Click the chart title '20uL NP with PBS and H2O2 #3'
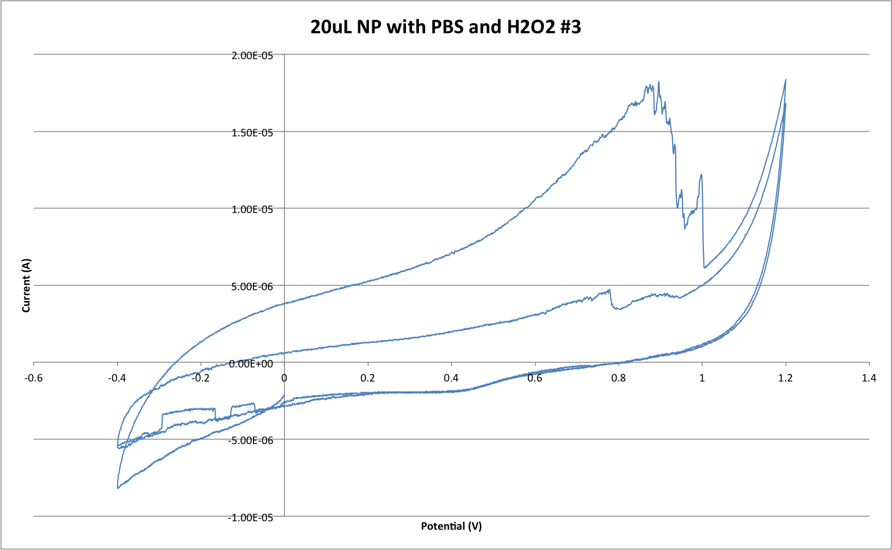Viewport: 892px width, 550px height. point(445,26)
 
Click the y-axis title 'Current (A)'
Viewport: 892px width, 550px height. point(26,285)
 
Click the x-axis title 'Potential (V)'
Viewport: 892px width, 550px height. point(451,526)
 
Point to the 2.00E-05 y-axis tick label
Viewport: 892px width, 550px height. point(252,56)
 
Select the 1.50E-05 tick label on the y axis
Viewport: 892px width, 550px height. point(252,133)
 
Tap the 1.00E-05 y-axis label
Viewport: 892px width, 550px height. point(252,210)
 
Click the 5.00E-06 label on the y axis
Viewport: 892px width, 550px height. point(252,287)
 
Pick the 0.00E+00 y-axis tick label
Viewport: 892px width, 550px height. point(251,364)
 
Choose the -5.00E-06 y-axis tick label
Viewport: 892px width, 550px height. point(250,440)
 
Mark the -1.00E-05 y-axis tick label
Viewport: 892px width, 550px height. point(250,517)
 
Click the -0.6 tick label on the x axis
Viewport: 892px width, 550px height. point(34,378)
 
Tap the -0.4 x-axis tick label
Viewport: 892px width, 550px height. point(117,378)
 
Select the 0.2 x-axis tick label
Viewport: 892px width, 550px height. point(368,378)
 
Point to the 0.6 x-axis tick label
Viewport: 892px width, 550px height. point(535,378)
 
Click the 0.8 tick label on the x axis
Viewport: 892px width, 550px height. point(618,378)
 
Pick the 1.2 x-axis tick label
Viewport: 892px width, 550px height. point(786,378)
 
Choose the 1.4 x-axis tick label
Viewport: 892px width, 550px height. point(869,378)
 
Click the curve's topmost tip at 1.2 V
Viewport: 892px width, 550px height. point(786,79)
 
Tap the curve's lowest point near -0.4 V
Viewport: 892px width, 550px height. point(118,488)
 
